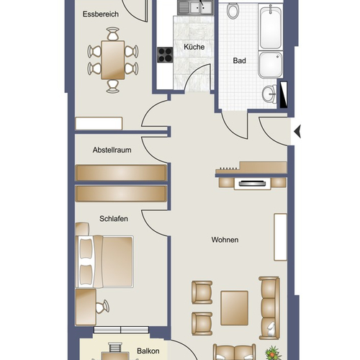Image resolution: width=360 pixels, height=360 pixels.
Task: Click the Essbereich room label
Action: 101,14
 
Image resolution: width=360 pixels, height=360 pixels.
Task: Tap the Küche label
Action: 194,47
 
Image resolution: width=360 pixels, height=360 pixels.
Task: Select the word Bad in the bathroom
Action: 239,60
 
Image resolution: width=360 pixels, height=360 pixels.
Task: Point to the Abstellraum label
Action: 112,150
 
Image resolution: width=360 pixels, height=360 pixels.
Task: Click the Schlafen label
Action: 114,219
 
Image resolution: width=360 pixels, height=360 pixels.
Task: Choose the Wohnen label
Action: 225,240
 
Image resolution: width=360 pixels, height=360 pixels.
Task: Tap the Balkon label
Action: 148,351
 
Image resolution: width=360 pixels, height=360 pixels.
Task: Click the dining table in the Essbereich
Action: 113,60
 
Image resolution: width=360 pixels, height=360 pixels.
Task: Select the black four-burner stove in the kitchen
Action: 165,55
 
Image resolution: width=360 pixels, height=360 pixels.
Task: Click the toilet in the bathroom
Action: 233,11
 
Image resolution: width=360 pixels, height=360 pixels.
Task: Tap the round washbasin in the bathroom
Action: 270,94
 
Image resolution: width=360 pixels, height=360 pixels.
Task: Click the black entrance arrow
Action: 297,132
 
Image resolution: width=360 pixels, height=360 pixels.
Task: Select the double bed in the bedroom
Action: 104,261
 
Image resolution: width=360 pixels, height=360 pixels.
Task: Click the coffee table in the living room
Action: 235,308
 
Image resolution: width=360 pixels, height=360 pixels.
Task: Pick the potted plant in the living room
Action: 273,354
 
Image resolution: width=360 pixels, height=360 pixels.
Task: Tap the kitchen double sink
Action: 196,7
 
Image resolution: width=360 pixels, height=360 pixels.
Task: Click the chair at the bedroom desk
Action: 102,307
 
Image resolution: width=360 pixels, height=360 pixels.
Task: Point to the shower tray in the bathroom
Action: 271,65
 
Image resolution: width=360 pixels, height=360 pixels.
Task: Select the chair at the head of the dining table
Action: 113,34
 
